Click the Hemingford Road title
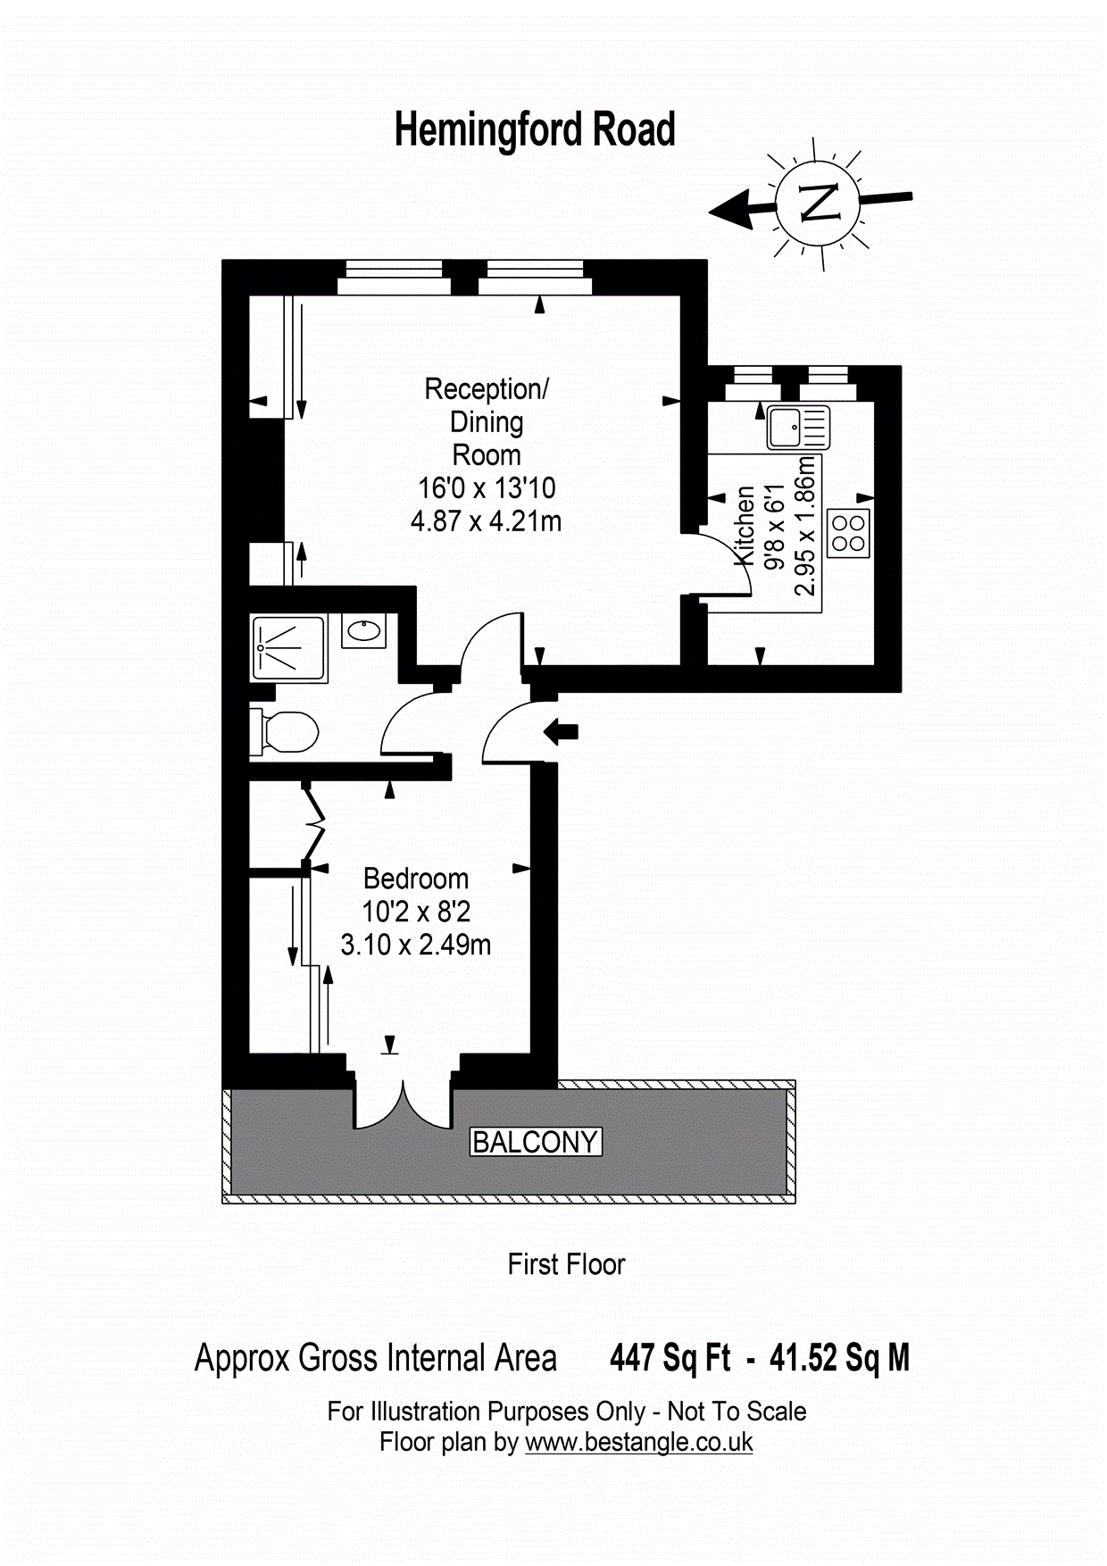point(535,130)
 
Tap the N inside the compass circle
point(820,202)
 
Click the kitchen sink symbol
point(798,428)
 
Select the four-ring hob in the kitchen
point(848,533)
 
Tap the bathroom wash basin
point(363,631)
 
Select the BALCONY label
point(536,1142)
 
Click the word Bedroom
point(416,879)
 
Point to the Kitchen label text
point(745,525)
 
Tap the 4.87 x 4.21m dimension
point(487,521)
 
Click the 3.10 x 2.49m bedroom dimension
point(416,945)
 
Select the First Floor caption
point(567,1264)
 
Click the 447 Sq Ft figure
point(670,1358)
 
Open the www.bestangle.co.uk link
point(639,1442)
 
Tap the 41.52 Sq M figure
point(840,1358)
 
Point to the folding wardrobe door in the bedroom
point(314,823)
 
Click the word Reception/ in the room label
point(487,389)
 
